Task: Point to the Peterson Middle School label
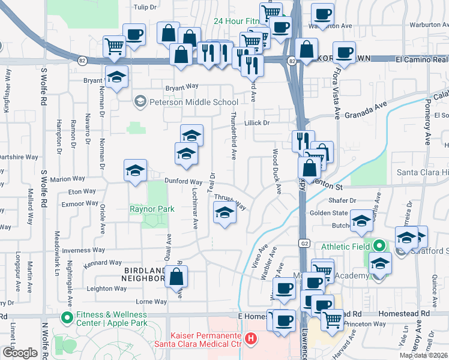(x=186, y=101)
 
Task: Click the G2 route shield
(x=306, y=243)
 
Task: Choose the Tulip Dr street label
(x=145, y=7)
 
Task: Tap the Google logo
(x=20, y=353)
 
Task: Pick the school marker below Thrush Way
(x=224, y=212)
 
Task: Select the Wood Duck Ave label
(x=277, y=172)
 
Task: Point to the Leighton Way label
(x=108, y=289)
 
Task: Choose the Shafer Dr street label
(x=343, y=200)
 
